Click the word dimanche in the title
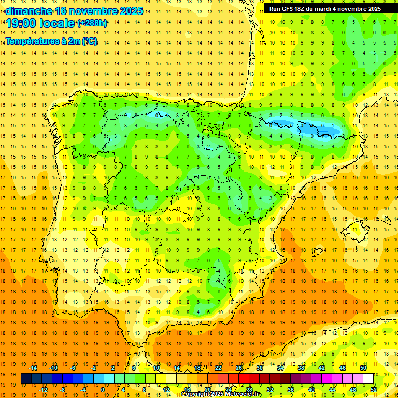point(29,11)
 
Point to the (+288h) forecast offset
point(92,23)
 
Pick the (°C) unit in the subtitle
point(89,41)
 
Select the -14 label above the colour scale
point(33,368)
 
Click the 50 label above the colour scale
point(363,368)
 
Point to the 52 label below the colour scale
point(374,390)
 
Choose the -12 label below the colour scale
point(43,390)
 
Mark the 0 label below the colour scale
point(103,390)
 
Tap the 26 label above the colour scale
point(239,368)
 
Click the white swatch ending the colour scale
point(368,379)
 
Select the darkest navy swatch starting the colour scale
point(26,379)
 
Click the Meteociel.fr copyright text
point(221,394)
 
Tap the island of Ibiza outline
point(317,252)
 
